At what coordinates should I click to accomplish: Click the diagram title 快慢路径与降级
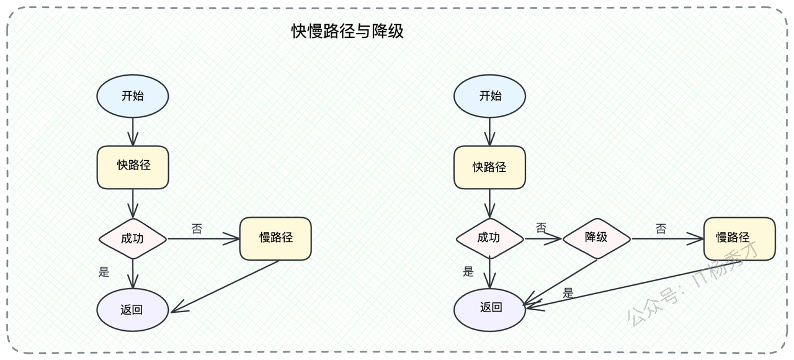pyautogui.click(x=347, y=31)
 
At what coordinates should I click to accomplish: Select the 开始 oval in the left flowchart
pyautogui.click(x=133, y=96)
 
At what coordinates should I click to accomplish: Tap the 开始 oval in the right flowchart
pyautogui.click(x=489, y=96)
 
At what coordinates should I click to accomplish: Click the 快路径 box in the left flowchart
pyautogui.click(x=133, y=167)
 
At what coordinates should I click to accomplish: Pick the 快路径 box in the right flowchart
pyautogui.click(x=489, y=167)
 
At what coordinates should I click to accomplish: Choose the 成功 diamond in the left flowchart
pyautogui.click(x=133, y=238)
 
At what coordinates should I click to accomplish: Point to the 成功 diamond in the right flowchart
pyautogui.click(x=489, y=238)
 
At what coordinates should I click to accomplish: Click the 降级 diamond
pyautogui.click(x=597, y=238)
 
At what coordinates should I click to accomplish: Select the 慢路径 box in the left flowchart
pyautogui.click(x=275, y=238)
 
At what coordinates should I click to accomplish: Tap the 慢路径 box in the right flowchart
pyautogui.click(x=739, y=238)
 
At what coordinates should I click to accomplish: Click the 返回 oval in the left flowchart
pyautogui.click(x=133, y=310)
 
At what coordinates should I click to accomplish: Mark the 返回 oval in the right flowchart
pyautogui.click(x=489, y=310)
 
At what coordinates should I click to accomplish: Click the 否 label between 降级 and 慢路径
pyautogui.click(x=661, y=229)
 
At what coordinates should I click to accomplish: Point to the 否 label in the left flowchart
pyautogui.click(x=197, y=229)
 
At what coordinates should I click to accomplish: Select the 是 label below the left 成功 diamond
pyautogui.click(x=104, y=272)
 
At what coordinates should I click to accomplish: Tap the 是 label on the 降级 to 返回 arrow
pyautogui.click(x=568, y=293)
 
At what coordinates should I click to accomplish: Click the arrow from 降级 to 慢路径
pyautogui.click(x=667, y=238)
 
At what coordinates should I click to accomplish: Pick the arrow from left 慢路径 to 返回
pyautogui.click(x=225, y=287)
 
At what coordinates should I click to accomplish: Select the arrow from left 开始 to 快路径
pyautogui.click(x=133, y=132)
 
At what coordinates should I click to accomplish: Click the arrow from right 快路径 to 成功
pyautogui.click(x=489, y=203)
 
